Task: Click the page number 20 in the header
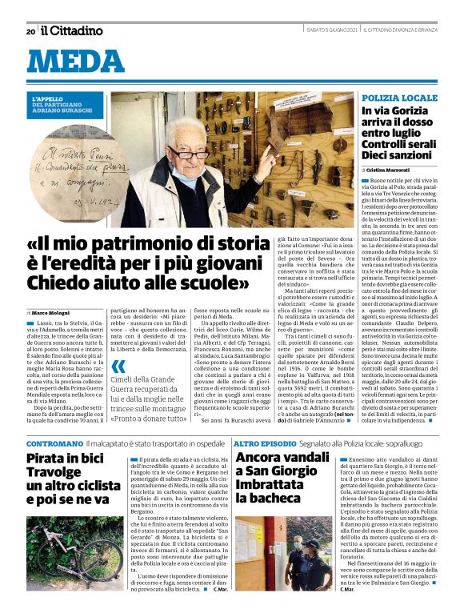tap(30, 31)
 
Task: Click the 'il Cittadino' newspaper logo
tap(72, 31)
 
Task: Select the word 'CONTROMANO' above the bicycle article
tap(54, 443)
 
